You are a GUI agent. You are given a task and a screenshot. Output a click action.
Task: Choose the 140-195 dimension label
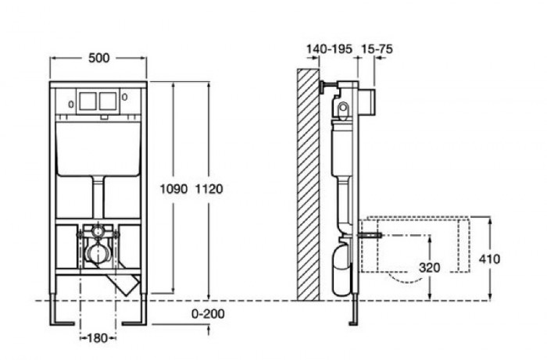(328, 49)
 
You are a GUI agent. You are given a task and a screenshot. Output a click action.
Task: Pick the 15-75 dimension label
(376, 49)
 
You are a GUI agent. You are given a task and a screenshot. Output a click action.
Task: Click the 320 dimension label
(428, 266)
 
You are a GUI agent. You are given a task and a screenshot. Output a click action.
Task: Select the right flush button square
(109, 101)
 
